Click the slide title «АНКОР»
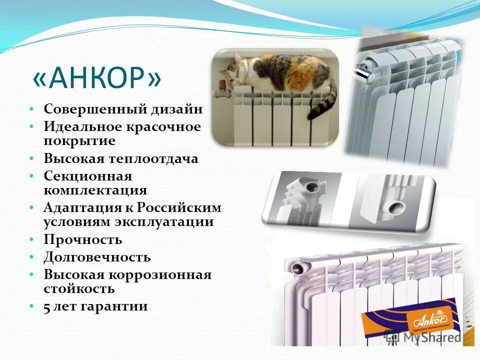coord(97,78)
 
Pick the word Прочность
coord(83,239)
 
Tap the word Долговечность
coord(97,257)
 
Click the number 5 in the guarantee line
coord(47,306)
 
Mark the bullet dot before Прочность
coord(31,240)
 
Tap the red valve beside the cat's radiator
coord(219,93)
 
